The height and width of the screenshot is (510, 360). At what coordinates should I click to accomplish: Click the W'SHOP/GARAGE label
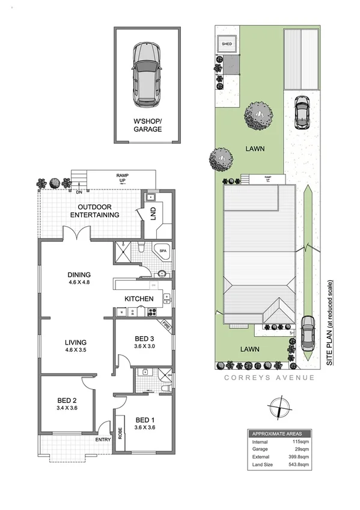[147, 124]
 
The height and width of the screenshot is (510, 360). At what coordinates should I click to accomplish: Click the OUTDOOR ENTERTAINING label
[94, 210]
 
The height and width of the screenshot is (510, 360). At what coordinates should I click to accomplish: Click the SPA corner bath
[162, 250]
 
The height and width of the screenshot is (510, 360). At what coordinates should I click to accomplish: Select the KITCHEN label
[139, 299]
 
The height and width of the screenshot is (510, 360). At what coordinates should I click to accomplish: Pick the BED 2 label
[66, 401]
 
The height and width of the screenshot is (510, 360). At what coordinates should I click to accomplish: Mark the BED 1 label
[147, 420]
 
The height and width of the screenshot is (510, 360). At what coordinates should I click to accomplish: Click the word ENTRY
[103, 440]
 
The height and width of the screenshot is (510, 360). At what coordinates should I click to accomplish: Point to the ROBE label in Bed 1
[120, 433]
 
